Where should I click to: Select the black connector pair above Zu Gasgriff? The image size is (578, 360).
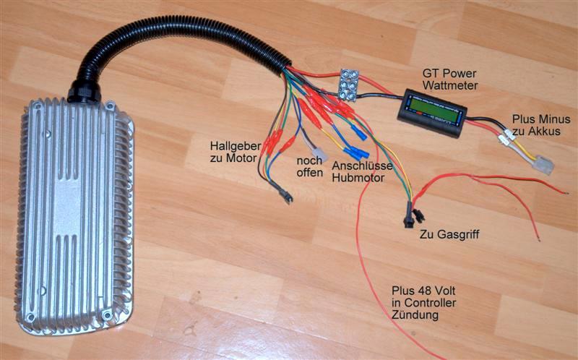(410, 215)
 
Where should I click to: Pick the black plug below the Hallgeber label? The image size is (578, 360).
(282, 194)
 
